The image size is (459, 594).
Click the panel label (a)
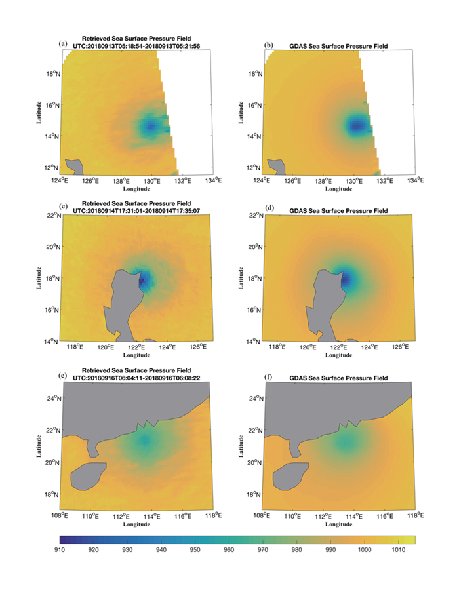pos(63,44)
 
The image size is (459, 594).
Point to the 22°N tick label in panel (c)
pos(52,216)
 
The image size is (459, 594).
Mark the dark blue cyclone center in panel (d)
pos(346,279)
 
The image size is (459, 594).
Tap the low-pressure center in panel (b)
pos(357,126)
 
